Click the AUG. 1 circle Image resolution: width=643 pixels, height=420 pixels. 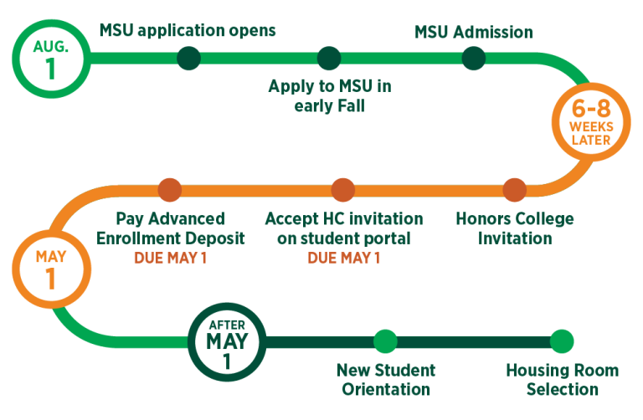[x=50, y=58]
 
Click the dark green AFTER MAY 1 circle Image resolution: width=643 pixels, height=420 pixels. [x=227, y=341]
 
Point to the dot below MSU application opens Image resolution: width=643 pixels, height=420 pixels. [x=189, y=58]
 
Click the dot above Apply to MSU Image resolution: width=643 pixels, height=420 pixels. [x=329, y=58]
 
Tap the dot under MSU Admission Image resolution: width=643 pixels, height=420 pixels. [x=473, y=58]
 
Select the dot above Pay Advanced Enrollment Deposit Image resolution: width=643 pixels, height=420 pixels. [x=170, y=190]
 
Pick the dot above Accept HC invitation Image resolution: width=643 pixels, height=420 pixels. [x=342, y=190]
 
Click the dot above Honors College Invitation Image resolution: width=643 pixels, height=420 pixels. [x=514, y=190]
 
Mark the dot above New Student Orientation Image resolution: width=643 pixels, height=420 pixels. [x=384, y=341]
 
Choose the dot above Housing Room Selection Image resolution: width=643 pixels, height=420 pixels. [x=563, y=341]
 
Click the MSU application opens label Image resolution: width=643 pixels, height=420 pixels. [x=188, y=31]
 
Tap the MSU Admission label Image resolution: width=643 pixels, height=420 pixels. [x=473, y=33]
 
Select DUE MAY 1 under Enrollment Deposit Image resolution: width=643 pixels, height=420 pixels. [x=170, y=258]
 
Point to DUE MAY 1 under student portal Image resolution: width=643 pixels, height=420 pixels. [x=343, y=258]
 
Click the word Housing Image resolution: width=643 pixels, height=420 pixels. [x=534, y=371]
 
